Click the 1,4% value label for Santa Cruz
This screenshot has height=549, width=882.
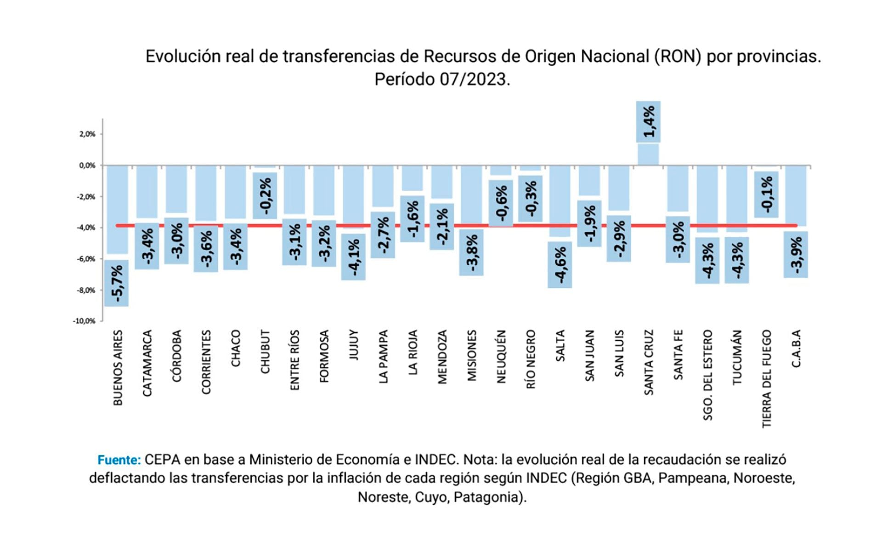[x=648, y=122]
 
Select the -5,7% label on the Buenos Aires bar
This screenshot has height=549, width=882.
[x=116, y=283]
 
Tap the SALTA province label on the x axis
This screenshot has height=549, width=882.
[x=560, y=346]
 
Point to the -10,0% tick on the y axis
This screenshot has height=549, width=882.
[x=84, y=321]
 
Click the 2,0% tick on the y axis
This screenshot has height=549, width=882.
[x=87, y=134]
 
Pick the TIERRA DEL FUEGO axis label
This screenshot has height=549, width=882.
[x=767, y=379]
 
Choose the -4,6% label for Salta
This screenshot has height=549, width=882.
[x=560, y=265]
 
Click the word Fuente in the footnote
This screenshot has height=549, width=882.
[x=119, y=460]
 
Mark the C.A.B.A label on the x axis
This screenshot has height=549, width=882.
[x=796, y=348]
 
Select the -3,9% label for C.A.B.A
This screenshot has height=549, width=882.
[x=796, y=255]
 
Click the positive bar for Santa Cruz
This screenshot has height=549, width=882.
[x=648, y=154]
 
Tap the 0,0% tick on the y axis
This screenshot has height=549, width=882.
[x=87, y=166]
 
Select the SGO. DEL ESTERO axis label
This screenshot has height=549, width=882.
[x=708, y=375]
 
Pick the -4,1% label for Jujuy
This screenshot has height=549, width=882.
[x=353, y=257]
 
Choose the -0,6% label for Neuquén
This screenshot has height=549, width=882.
[x=501, y=203]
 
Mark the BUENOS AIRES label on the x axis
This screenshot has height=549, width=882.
[x=118, y=368]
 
